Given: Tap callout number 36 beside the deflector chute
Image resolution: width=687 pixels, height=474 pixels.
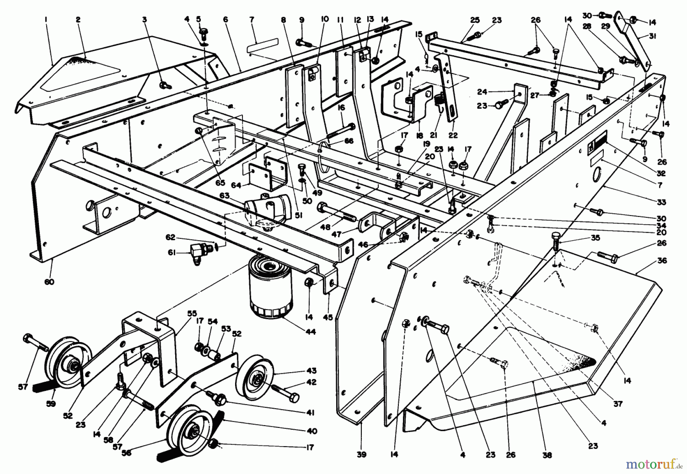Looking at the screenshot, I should (x=662, y=261).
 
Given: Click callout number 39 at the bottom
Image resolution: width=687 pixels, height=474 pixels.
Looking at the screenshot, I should (x=361, y=454).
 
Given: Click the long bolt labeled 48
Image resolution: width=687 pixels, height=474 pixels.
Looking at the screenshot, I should (x=336, y=212).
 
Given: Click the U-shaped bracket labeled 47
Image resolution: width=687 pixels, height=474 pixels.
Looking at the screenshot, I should (x=376, y=225).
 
